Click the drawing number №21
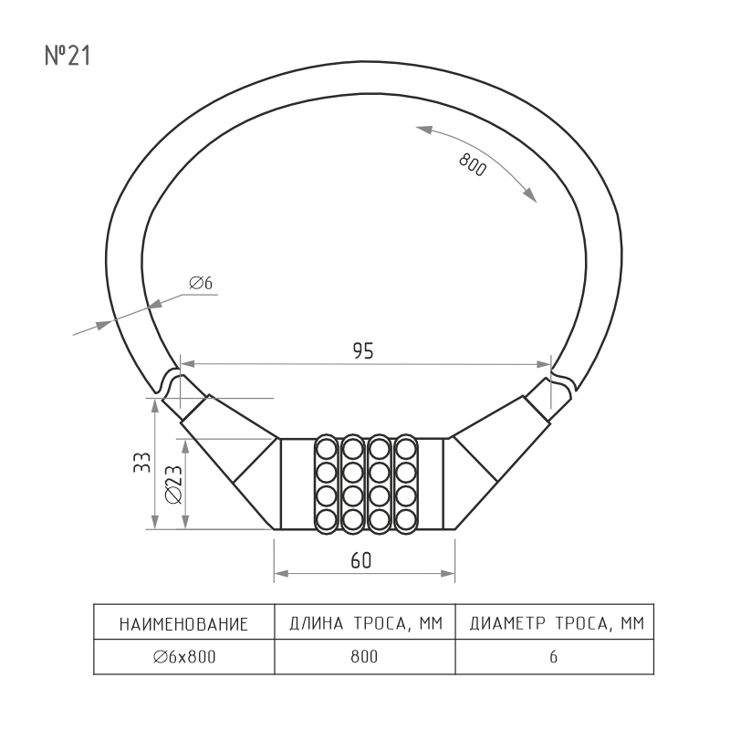[x=67, y=56]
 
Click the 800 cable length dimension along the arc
[x=473, y=165]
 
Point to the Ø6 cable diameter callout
[x=201, y=283]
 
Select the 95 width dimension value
[x=363, y=351]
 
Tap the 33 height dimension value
[x=142, y=463]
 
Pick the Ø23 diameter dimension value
[x=174, y=485]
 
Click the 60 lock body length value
[x=361, y=560]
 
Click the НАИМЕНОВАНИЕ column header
[x=183, y=624]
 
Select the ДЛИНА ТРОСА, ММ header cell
[x=366, y=623]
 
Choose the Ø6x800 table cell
[x=184, y=656]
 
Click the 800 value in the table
[x=364, y=656]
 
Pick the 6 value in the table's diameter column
[x=553, y=656]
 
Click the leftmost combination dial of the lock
[x=326, y=485]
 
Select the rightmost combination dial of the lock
[x=406, y=485]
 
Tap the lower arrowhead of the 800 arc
[x=530, y=194]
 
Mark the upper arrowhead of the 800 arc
[x=424, y=130]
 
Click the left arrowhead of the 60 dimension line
[x=282, y=574]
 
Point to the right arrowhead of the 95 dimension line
[x=544, y=364]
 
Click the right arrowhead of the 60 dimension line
[x=447, y=574]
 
